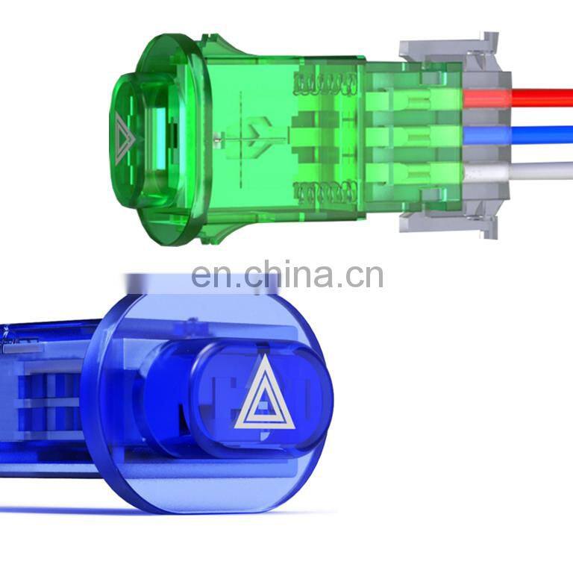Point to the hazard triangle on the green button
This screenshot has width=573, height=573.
125,139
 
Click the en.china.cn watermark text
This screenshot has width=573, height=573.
287,274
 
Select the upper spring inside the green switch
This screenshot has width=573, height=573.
325,84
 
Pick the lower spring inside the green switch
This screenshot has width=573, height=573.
325,192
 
